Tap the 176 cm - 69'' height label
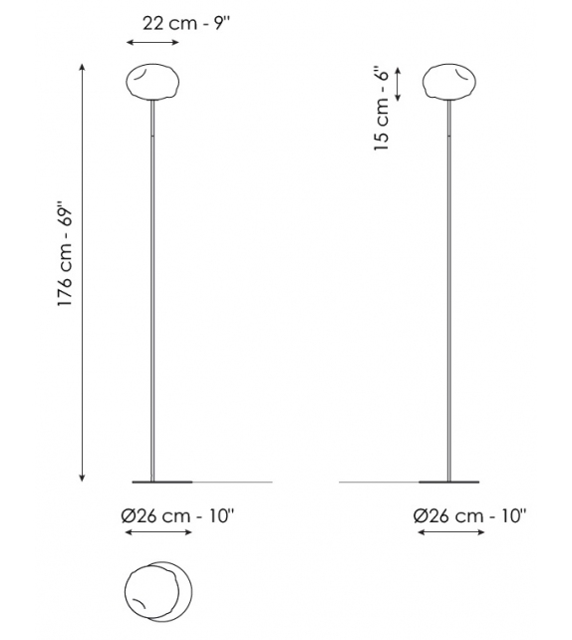[x=64, y=265]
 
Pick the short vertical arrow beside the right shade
[x=399, y=84]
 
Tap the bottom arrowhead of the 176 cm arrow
[x=82, y=478]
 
